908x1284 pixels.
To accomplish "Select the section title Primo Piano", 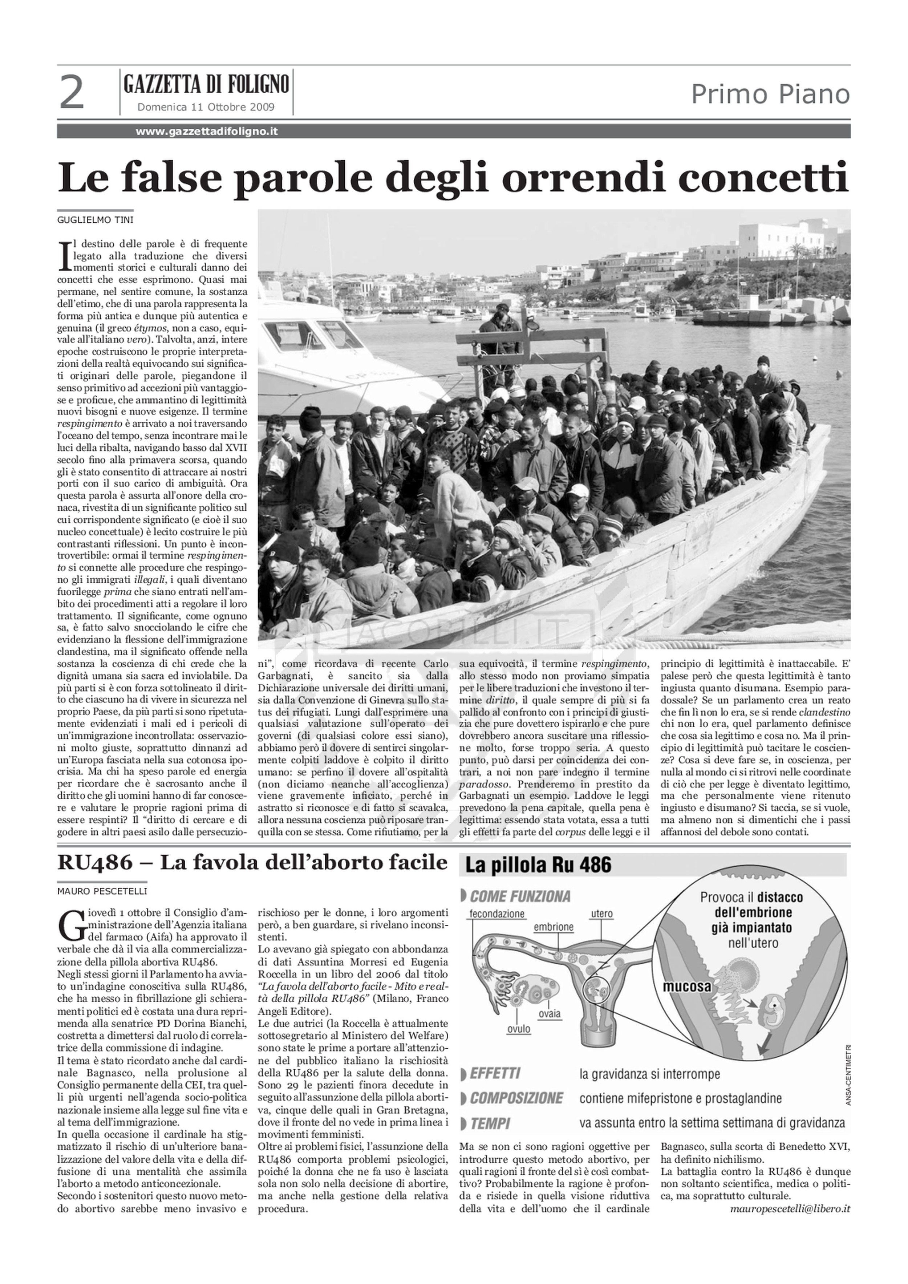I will pyautogui.click(x=770, y=94).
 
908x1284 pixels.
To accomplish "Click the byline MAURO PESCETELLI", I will pyautogui.click(x=102, y=891).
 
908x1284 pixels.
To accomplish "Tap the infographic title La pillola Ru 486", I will pyautogui.click(x=538, y=866).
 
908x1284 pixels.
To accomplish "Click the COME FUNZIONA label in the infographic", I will pyautogui.click(x=519, y=896).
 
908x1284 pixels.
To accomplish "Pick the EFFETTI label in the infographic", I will pyautogui.click(x=495, y=1074).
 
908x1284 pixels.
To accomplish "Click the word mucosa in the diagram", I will pyautogui.click(x=686, y=1001).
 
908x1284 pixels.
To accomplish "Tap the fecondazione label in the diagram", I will pyautogui.click(x=496, y=914).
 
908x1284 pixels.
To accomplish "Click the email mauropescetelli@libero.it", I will pyautogui.click(x=790, y=1204).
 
